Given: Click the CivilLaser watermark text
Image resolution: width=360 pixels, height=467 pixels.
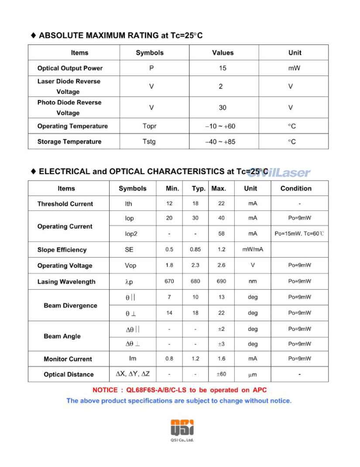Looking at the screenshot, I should click(279, 173).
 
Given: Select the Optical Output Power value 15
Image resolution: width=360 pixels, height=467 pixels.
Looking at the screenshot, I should click(223, 68).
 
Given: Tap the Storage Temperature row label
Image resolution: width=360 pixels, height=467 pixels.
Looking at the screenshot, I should click(69, 141).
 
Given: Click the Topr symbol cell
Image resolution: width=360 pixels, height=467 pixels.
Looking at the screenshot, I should click(149, 126).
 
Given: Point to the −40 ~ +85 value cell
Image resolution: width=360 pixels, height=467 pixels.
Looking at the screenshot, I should click(220, 141).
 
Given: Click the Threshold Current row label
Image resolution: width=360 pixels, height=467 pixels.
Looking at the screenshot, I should click(65, 204).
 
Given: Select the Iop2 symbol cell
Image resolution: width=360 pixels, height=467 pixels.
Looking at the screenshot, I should click(131, 234).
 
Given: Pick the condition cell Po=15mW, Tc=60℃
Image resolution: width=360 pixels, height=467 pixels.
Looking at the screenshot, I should click(299, 234).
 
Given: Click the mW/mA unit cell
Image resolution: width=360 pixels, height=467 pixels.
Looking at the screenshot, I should click(253, 250).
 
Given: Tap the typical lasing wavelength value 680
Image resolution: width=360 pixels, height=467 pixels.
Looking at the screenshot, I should click(195, 282).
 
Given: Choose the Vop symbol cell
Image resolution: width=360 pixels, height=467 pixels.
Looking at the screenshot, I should click(130, 266).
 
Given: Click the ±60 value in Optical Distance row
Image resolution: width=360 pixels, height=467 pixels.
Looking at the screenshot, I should click(221, 374).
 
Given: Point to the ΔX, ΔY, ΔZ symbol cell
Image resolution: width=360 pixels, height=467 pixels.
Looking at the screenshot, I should click(133, 374).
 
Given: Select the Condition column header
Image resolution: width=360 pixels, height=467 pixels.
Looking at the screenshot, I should click(296, 189).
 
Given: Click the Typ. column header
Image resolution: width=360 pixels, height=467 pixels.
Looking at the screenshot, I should click(199, 189).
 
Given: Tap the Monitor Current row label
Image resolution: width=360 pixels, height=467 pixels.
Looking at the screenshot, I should click(68, 359).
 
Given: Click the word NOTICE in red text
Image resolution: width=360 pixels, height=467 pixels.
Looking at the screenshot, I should click(105, 390).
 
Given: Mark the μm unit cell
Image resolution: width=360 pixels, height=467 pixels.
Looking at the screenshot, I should click(253, 374).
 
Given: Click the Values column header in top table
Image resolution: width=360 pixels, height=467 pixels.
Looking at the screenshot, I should click(223, 53).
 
